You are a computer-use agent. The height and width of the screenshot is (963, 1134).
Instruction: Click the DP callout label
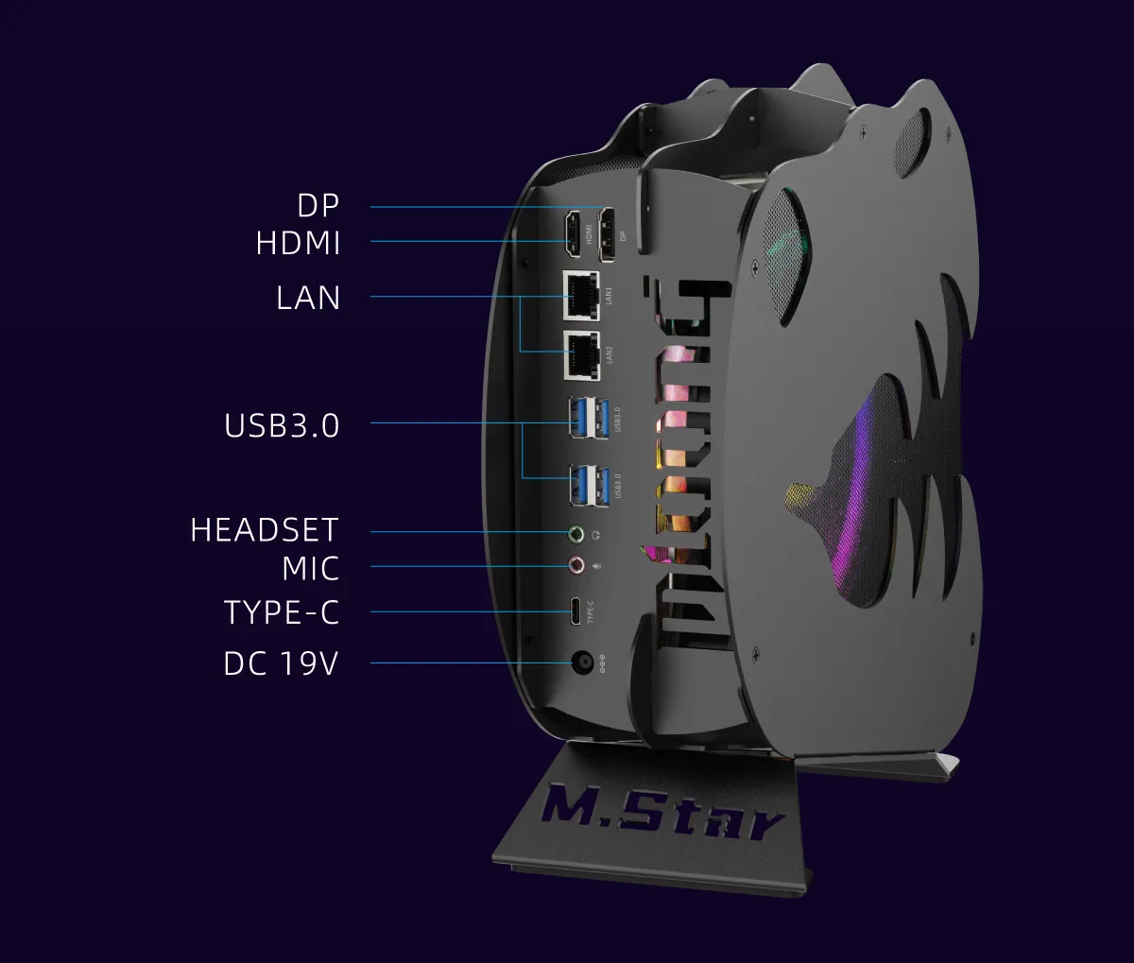click(x=318, y=206)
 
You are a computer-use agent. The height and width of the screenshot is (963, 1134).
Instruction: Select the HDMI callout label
click(x=298, y=243)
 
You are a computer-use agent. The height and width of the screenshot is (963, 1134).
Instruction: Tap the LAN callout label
click(x=308, y=298)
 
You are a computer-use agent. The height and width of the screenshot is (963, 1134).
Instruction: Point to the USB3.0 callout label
click(x=282, y=425)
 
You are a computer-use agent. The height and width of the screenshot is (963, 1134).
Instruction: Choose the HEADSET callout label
click(x=264, y=529)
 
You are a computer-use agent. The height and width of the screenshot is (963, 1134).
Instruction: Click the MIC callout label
click(x=310, y=569)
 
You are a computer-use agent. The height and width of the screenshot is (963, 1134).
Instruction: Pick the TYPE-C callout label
click(x=281, y=612)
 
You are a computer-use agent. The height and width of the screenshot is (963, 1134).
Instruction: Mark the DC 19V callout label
click(x=280, y=663)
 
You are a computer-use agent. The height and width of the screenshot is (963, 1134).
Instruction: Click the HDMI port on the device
click(x=573, y=235)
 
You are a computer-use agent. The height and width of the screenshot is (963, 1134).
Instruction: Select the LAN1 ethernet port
click(x=581, y=296)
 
